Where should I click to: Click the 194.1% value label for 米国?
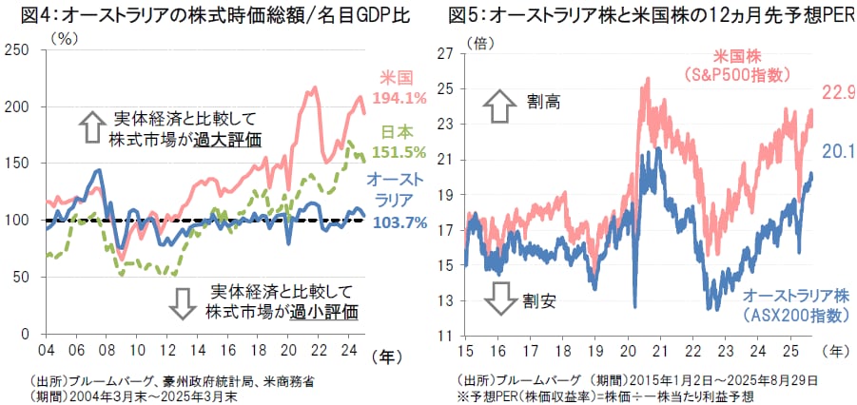(x=401, y=98)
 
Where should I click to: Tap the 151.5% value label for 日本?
(x=401, y=151)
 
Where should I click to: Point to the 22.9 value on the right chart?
(x=838, y=92)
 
